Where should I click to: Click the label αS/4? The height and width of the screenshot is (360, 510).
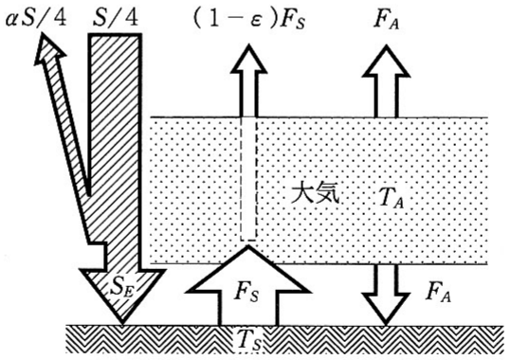(36, 18)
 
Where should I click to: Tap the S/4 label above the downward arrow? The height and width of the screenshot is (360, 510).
(116, 18)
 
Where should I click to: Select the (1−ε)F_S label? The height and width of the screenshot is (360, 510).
(249, 21)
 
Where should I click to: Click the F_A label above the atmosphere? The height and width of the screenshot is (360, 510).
(387, 21)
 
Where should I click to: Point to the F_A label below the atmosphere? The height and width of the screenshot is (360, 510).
(439, 293)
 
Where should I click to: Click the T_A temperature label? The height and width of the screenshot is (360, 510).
(392, 198)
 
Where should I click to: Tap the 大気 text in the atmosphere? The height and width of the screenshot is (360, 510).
(315, 194)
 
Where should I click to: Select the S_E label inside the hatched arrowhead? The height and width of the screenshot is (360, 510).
(122, 287)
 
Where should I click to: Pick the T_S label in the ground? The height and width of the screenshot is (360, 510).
(249, 342)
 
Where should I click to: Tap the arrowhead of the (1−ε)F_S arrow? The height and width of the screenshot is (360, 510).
(248, 59)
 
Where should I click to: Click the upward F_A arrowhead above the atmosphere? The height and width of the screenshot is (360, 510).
(386, 62)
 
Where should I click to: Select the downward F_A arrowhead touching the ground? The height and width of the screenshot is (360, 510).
(386, 309)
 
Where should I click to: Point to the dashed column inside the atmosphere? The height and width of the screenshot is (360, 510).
(248, 179)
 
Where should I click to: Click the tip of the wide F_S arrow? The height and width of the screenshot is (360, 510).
(248, 245)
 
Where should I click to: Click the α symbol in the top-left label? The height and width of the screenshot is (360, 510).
(11, 20)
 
